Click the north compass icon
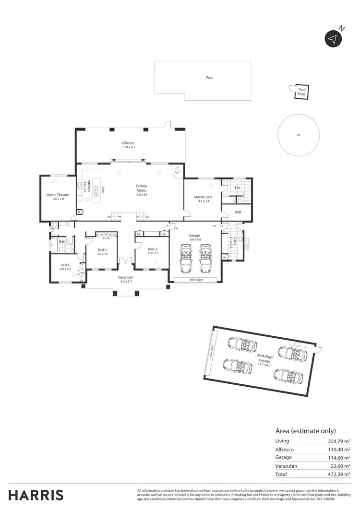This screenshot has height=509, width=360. coord(333,38)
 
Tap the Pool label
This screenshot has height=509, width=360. coord(209,77)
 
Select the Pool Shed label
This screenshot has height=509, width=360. coord(301,92)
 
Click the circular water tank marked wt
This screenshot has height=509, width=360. coord(299,135)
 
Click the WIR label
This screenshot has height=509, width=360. coord(238,212)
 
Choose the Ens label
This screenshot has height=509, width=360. coord(237,188)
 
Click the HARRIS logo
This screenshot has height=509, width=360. coord(36,495)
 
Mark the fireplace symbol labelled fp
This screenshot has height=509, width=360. coord(176,172)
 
